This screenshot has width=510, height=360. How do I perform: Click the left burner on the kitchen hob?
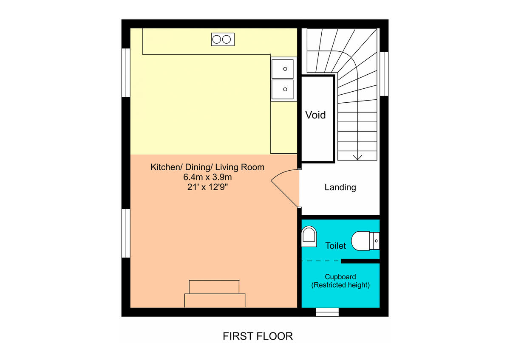(216, 39)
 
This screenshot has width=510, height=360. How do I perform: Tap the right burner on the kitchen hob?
(227, 39)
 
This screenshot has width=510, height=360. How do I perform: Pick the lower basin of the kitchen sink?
(283, 89)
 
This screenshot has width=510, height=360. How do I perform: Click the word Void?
(316, 115)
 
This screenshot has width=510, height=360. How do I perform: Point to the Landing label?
(340, 187)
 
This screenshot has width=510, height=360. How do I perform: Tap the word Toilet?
(336, 245)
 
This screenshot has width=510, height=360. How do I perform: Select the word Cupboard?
(340, 277)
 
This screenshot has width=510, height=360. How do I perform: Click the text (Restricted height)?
(340, 285)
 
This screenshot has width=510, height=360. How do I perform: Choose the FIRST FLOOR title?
(258, 336)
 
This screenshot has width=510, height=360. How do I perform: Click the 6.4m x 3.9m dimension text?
(207, 177)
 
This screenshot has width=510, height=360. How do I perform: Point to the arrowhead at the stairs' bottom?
(357, 157)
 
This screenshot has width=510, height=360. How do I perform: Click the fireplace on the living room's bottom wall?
(215, 294)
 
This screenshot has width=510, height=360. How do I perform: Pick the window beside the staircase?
(384, 74)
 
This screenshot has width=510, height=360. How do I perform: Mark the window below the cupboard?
(327, 312)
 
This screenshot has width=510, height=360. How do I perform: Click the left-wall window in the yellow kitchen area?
(126, 73)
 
